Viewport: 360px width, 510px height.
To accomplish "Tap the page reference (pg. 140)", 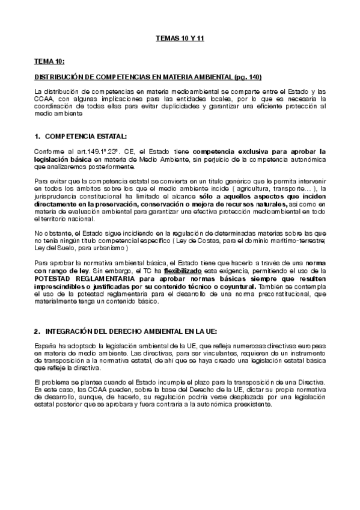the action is [246, 78].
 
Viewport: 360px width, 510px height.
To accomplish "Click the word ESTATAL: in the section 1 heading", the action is [110, 137].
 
